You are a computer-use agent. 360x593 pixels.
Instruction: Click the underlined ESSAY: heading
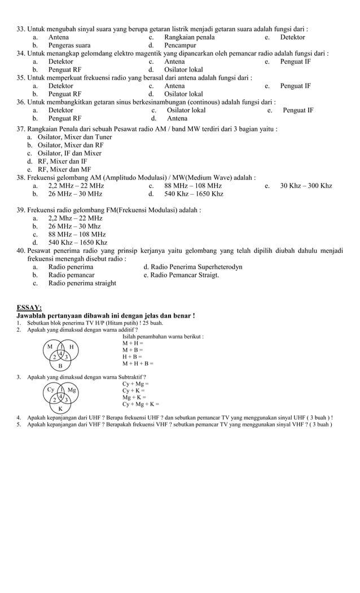[x=29, y=308]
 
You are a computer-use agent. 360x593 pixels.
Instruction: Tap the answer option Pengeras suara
[x=69, y=45]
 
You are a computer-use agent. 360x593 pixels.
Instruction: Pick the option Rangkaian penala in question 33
[x=189, y=37]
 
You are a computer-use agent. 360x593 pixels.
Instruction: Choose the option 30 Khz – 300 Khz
[x=306, y=186]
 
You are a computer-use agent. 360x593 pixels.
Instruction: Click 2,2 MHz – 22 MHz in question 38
[x=76, y=186]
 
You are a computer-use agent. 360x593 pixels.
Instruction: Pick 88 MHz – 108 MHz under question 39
[x=77, y=234]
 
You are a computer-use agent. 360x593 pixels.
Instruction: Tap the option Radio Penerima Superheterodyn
[x=193, y=267]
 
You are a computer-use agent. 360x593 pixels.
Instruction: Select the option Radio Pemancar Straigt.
[x=181, y=275]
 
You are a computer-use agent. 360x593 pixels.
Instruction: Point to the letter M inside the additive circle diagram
[x=50, y=346]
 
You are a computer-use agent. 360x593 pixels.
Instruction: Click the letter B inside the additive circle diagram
[x=60, y=366]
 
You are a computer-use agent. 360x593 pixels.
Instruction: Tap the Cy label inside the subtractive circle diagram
[x=50, y=389]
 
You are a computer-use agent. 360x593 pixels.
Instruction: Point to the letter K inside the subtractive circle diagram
[x=60, y=408]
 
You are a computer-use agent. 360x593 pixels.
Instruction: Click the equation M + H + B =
[x=138, y=363]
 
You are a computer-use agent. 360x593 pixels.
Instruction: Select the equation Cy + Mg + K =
[x=141, y=404]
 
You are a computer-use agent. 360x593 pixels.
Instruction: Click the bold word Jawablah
[x=32, y=315]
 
